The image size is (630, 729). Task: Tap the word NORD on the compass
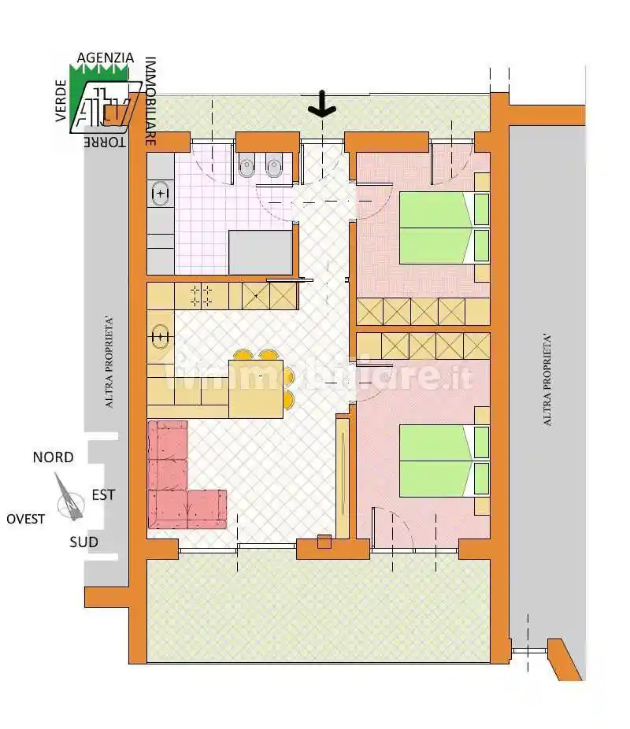[53, 457]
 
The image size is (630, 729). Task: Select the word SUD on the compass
[83, 542]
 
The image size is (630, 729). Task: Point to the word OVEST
[25, 519]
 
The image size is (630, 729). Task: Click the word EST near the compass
[103, 494]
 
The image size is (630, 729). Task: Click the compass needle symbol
[70, 498]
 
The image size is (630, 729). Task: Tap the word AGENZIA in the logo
[105, 57]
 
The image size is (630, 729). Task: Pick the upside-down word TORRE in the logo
[105, 142]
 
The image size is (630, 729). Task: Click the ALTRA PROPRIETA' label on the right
[547, 379]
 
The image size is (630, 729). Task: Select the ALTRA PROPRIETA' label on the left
[109, 362]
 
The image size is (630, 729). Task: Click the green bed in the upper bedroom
[444, 228]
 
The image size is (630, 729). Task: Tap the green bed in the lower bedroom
[444, 461]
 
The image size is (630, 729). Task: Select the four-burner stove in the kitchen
[202, 296]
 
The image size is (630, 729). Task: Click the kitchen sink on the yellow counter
[160, 336]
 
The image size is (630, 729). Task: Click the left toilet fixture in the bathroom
[246, 166]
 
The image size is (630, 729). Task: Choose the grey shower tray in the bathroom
[261, 253]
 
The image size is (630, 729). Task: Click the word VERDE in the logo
[61, 101]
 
